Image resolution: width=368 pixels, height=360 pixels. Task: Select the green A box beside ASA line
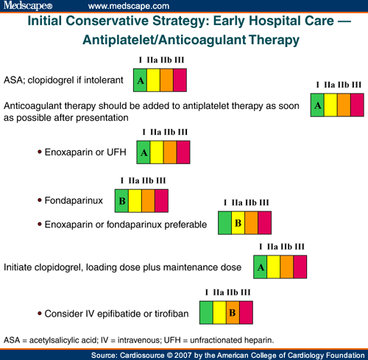pos(140,80)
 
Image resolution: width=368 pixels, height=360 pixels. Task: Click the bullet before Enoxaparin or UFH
pos(38,152)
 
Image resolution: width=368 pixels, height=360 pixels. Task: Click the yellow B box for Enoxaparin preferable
pos(238,222)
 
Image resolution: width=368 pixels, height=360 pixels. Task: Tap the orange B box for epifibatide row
pos(232,313)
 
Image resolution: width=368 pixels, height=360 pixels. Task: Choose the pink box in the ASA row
pos(179,80)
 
